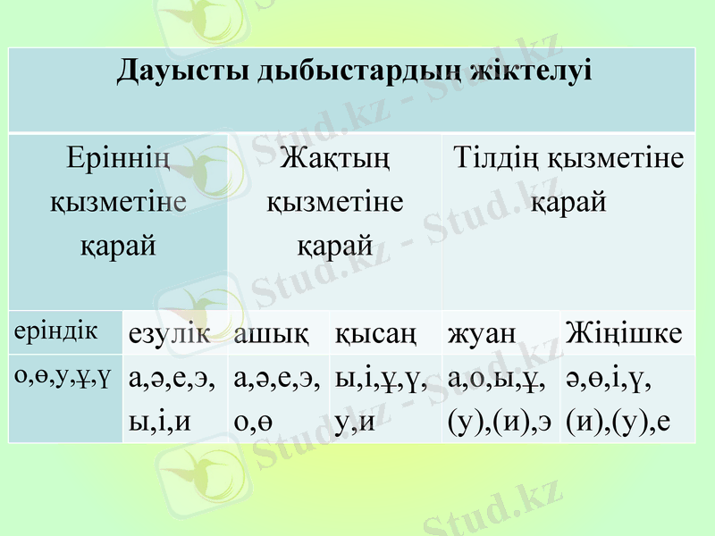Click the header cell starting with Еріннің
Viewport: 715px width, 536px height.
pos(118,201)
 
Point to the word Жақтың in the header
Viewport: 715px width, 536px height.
pos(335,161)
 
